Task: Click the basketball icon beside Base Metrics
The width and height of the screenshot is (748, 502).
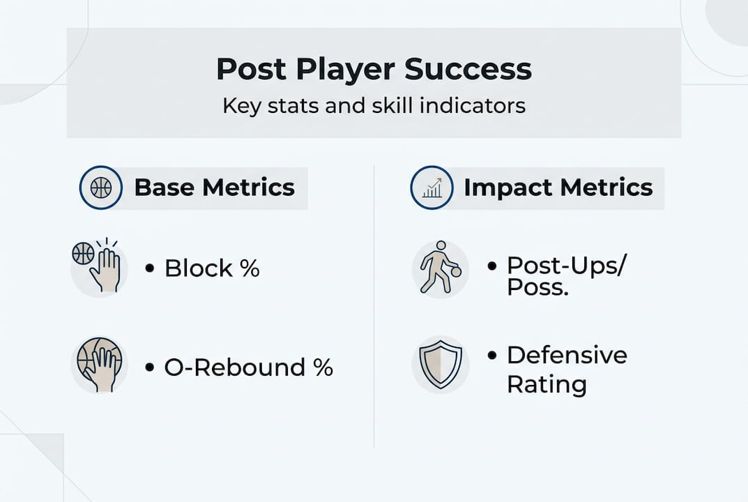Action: coord(101,188)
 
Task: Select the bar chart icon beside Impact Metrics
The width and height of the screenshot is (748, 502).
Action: coord(432,188)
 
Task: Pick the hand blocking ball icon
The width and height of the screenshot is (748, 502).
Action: coord(98,268)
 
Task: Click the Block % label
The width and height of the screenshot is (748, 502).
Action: coord(212,268)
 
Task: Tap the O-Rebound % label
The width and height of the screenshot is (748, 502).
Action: coord(248,367)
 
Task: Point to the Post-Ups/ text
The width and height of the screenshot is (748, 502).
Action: coord(565,265)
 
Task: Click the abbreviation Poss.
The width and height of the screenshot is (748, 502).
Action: coord(537,287)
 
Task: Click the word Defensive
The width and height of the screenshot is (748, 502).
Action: coord(567,355)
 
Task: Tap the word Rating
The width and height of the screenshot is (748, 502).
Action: coord(546,384)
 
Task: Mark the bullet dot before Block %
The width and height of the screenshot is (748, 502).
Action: coord(150,268)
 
